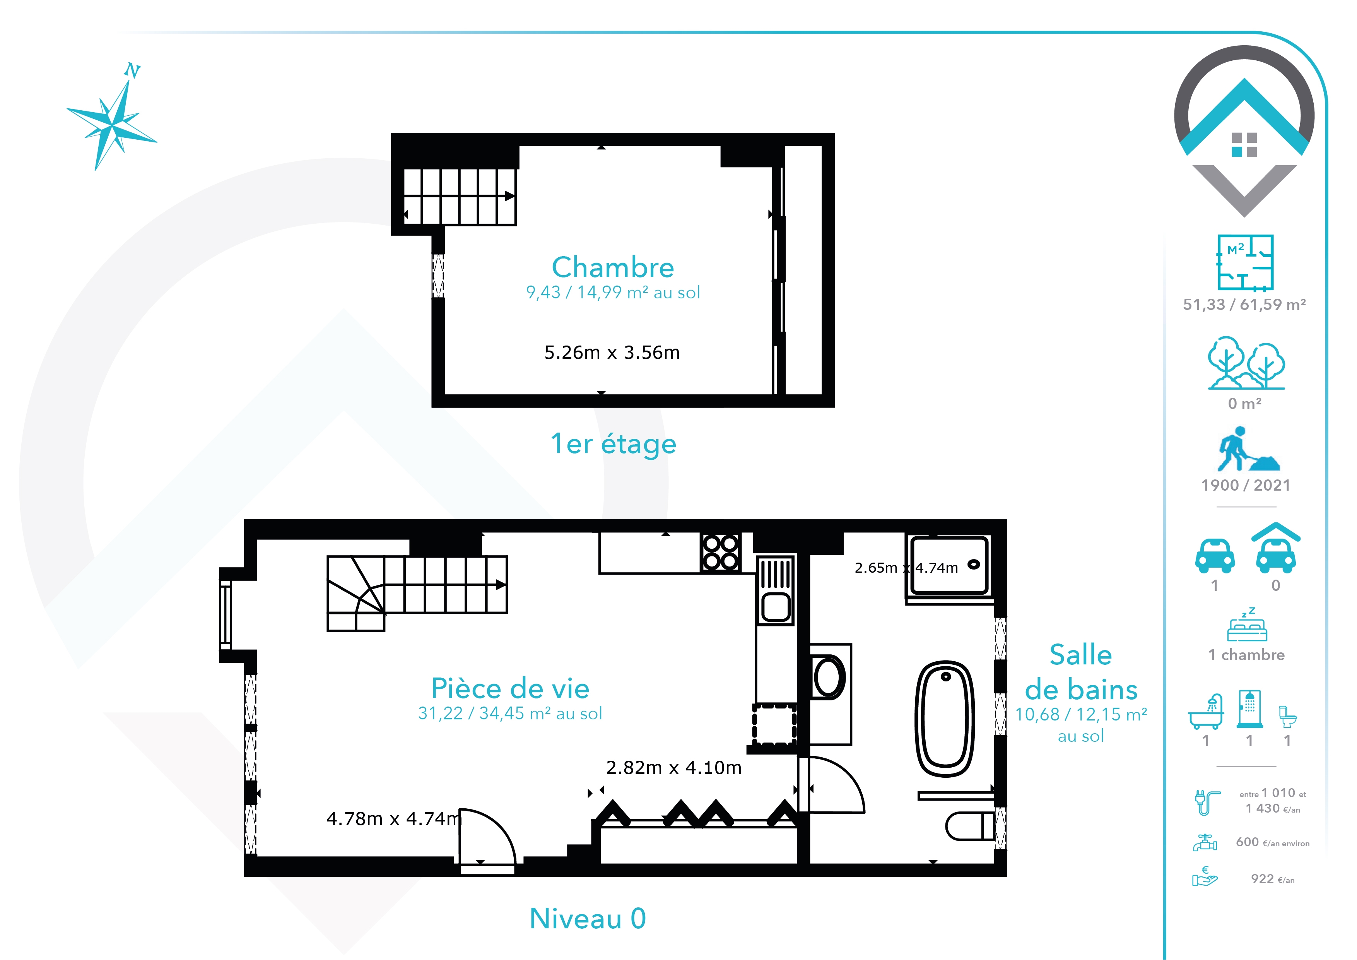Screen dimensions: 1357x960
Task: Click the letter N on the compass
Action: pos(132,70)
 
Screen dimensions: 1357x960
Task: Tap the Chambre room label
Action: pos(613,267)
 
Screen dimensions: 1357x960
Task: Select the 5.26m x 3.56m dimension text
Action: pos(612,353)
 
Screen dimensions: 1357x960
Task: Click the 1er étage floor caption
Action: pos(614,444)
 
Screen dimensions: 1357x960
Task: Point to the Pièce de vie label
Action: pos(511,688)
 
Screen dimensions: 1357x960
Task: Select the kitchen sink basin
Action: pos(776,606)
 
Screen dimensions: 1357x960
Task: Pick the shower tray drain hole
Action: pos(973,565)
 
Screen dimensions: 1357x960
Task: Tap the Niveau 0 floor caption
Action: pos(588,919)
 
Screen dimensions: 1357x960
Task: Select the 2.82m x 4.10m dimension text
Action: pos(674,767)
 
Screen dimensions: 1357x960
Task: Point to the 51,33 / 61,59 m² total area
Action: pos(1244,305)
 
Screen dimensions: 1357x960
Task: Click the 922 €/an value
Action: pos(1273,879)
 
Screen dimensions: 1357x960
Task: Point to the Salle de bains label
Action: pos(1081,672)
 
